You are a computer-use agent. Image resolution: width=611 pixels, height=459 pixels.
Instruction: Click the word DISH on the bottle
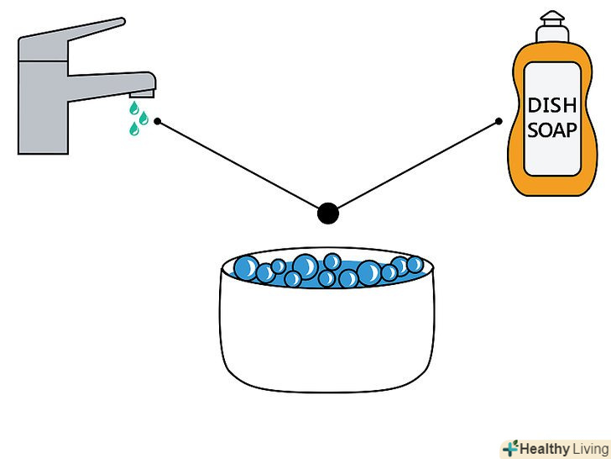click(x=551, y=105)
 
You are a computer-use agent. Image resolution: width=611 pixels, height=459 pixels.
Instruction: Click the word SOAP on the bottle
click(x=551, y=130)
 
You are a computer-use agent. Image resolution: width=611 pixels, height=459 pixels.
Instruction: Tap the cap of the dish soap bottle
click(x=552, y=27)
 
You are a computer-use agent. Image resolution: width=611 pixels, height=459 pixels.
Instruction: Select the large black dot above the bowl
click(x=328, y=214)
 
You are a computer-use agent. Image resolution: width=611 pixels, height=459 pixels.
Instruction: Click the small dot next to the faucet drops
click(x=158, y=121)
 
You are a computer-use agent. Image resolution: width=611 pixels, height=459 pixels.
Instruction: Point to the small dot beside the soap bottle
click(x=499, y=121)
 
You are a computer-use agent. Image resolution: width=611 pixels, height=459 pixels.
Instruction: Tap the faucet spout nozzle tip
click(x=142, y=93)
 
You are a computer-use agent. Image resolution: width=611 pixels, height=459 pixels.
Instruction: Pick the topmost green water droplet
click(x=134, y=108)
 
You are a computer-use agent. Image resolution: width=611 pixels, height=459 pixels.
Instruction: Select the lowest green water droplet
click(x=134, y=129)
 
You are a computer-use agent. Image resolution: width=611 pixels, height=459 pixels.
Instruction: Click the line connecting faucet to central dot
click(x=238, y=165)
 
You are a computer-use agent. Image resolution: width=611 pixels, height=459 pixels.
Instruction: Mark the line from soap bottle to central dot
click(x=418, y=165)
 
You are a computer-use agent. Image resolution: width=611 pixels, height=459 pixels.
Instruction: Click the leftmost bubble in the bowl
click(x=246, y=267)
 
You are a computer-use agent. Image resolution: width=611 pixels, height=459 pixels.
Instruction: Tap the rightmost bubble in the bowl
click(x=415, y=265)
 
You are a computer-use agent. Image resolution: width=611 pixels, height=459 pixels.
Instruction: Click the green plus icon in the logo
click(x=510, y=448)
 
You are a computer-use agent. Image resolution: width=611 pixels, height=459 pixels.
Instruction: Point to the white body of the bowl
click(x=327, y=335)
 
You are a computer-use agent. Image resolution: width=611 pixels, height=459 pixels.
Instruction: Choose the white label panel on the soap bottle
click(x=552, y=119)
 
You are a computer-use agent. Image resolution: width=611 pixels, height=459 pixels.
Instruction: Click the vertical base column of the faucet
click(x=44, y=107)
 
